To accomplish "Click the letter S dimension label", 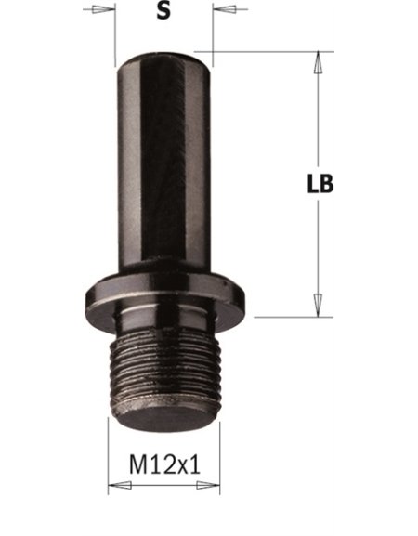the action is pyautogui.click(x=163, y=11).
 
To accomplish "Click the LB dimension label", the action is pyautogui.click(x=320, y=184).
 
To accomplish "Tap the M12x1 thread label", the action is pyautogui.click(x=164, y=464).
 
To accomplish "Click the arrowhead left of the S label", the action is pyautogui.click(x=103, y=9).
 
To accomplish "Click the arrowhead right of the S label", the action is pyautogui.click(x=224, y=9).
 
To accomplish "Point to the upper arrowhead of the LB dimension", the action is pyautogui.click(x=318, y=62).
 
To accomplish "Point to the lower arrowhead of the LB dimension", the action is pyautogui.click(x=318, y=306).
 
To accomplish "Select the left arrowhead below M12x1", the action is pyautogui.click(x=120, y=485).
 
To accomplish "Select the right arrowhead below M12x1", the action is pyautogui.click(x=208, y=485).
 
